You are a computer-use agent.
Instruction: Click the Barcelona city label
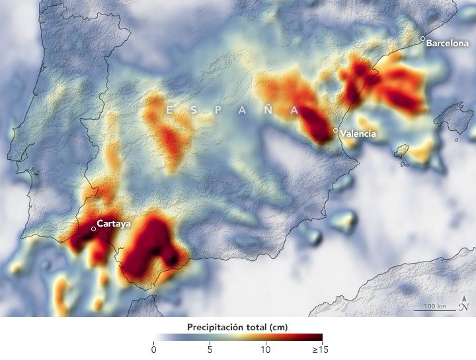tap(448, 44)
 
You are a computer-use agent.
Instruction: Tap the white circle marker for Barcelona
tap(423, 39)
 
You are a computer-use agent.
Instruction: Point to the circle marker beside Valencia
tap(336, 131)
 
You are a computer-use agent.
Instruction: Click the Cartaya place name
tap(114, 223)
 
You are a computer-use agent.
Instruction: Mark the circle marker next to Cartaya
tap(93, 229)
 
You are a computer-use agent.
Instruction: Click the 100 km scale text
tap(434, 306)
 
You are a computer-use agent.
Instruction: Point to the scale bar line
tap(434, 311)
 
